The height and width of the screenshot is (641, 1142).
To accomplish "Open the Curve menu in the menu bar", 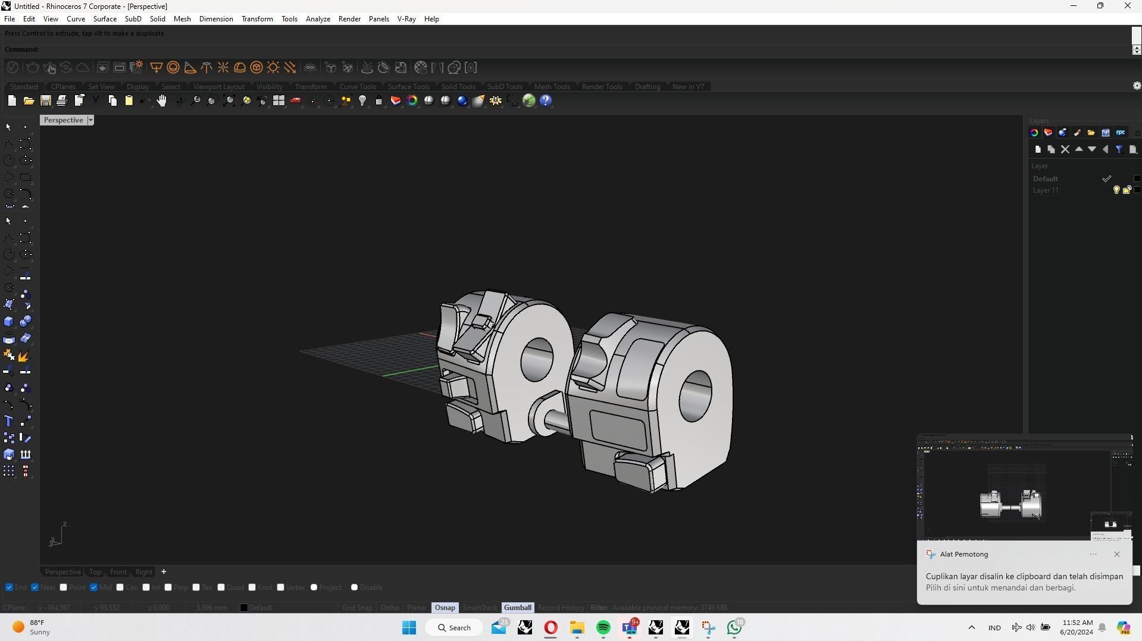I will pyautogui.click(x=76, y=19).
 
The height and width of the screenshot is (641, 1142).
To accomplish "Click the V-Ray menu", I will pyautogui.click(x=406, y=19).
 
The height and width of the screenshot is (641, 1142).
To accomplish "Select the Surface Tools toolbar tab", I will pyautogui.click(x=408, y=87).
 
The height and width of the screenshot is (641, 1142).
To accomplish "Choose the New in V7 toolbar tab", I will pyautogui.click(x=687, y=87).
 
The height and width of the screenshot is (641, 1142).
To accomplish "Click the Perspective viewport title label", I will pyautogui.click(x=63, y=120).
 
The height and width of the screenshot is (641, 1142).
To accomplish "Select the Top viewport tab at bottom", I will pyautogui.click(x=95, y=572).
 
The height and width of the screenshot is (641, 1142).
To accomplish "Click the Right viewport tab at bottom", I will pyautogui.click(x=143, y=572).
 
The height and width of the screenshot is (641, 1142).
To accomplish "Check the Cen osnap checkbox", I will pyautogui.click(x=120, y=587).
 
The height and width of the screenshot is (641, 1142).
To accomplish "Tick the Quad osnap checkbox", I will pyautogui.click(x=221, y=587).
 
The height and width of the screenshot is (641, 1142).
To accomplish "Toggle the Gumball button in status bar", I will pyautogui.click(x=517, y=608).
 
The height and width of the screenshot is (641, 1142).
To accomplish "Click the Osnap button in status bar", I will pyautogui.click(x=445, y=608).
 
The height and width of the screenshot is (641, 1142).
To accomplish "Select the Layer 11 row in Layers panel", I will pyautogui.click(x=1046, y=190).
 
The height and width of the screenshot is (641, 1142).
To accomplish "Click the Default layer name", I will pyautogui.click(x=1045, y=179).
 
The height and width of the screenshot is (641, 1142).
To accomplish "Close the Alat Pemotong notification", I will pyautogui.click(x=1116, y=554).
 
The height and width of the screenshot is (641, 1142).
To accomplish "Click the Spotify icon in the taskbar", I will pyautogui.click(x=603, y=628).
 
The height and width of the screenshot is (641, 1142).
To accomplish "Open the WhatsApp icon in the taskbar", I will pyautogui.click(x=734, y=628).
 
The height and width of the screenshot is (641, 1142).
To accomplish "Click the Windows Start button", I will pyautogui.click(x=409, y=628).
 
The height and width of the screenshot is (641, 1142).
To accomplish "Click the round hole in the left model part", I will pyautogui.click(x=537, y=360).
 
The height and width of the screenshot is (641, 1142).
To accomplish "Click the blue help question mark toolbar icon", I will pyautogui.click(x=546, y=101).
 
